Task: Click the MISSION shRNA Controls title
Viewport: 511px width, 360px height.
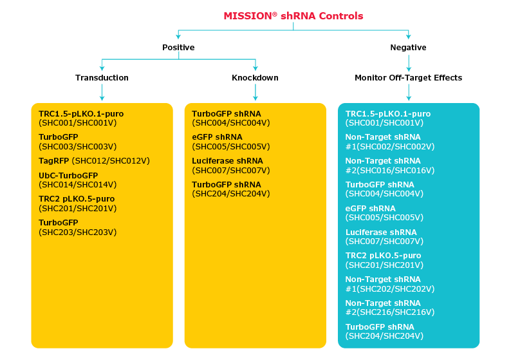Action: [x=293, y=16]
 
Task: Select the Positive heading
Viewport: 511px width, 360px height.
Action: [x=178, y=48]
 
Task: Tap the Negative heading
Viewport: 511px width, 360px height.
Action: [x=408, y=48]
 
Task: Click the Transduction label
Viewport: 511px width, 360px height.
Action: [x=102, y=78]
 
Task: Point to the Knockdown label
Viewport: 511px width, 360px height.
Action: [x=255, y=78]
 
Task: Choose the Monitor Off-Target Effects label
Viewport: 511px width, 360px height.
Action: [x=408, y=78]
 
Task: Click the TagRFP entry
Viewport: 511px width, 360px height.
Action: [x=54, y=161]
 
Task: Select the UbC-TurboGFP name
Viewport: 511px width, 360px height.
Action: [x=68, y=175]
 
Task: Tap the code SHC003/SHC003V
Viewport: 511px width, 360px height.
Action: [x=77, y=146]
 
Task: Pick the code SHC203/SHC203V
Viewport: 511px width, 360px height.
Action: [x=77, y=232]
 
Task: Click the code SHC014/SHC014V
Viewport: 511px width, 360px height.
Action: [x=77, y=184]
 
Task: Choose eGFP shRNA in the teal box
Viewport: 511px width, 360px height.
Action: [x=370, y=209]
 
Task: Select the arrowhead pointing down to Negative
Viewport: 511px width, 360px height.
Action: [x=408, y=37]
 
